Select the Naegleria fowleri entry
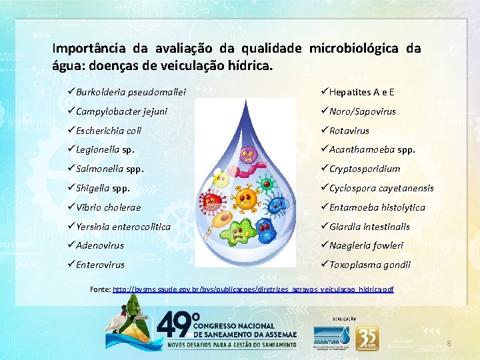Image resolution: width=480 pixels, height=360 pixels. tap(366, 245)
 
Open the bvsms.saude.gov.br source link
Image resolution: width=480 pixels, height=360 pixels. tap(253, 289)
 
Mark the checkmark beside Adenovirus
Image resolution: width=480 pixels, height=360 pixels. tap(70, 245)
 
